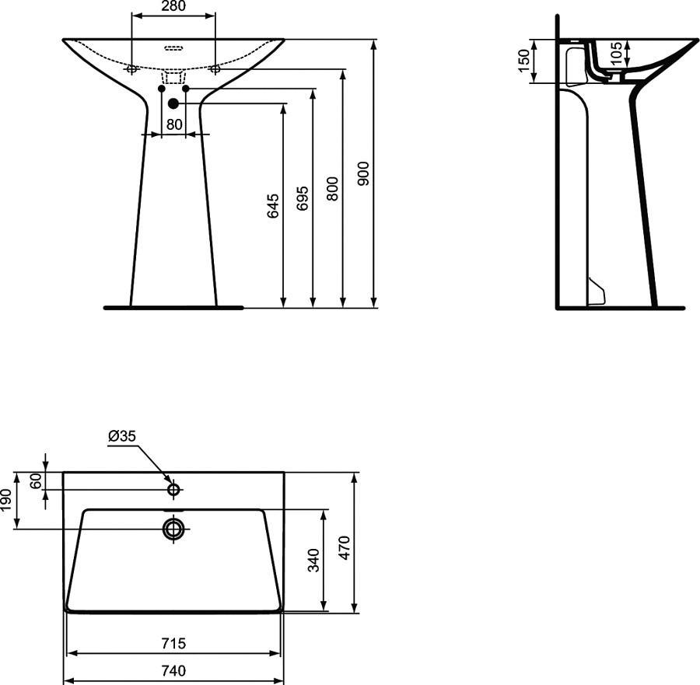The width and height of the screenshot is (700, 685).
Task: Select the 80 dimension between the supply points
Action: tap(173, 124)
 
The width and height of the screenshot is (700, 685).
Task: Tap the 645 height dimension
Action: tap(273, 205)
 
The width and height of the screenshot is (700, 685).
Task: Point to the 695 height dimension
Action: tap(303, 199)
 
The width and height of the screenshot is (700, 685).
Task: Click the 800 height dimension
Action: tap(332, 190)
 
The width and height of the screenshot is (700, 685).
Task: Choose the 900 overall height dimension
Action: tap(363, 174)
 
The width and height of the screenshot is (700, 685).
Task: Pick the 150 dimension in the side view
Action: tap(523, 61)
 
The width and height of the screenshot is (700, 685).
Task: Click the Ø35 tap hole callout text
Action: tap(122, 437)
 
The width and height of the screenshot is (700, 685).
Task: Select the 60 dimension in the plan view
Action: tap(34, 481)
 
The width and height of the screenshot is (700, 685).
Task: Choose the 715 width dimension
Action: tap(173, 643)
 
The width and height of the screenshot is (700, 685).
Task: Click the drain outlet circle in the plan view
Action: tap(173, 529)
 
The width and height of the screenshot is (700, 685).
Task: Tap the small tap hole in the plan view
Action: tap(173, 489)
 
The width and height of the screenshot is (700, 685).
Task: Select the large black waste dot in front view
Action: tap(173, 103)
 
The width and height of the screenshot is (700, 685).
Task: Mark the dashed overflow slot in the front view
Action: tap(173, 47)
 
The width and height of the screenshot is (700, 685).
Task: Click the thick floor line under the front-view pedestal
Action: tap(173, 308)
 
